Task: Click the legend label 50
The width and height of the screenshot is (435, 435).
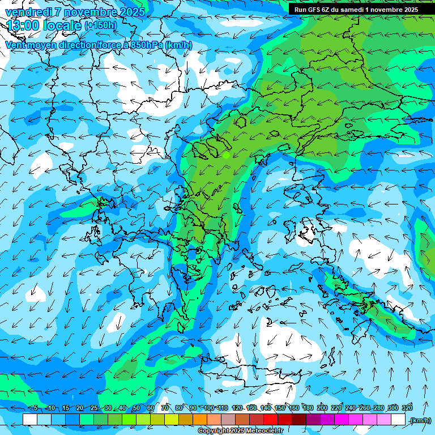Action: point(137,408)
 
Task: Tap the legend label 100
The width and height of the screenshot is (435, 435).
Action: point(209,408)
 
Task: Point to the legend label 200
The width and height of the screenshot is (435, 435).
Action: point(322,408)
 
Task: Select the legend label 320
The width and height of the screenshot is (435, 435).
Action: point(407,408)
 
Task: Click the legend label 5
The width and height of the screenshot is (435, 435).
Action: point(36,408)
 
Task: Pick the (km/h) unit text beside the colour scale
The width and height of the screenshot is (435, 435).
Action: point(420,420)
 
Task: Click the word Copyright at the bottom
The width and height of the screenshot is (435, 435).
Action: point(214,431)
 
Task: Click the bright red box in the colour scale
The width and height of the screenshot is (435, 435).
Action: point(271,420)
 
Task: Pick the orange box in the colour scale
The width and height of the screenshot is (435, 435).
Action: point(200,420)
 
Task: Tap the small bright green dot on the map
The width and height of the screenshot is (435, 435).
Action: point(226,154)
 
